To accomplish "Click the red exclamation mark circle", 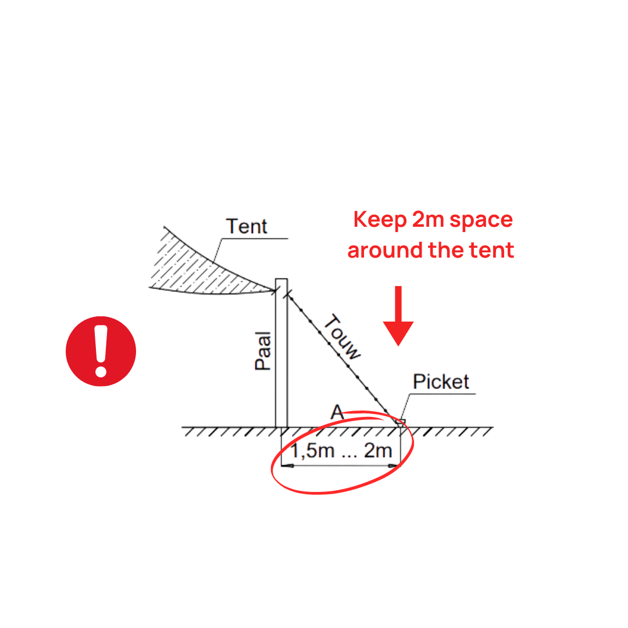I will pyautogui.click(x=101, y=351).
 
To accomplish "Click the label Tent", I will pyautogui.click(x=247, y=226).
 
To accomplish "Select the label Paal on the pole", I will pyautogui.click(x=263, y=350).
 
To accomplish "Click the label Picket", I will pyautogui.click(x=441, y=382).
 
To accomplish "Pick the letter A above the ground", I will pyautogui.click(x=337, y=412).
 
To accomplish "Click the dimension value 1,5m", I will pyautogui.click(x=312, y=451).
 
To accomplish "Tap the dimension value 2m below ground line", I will pyautogui.click(x=378, y=451).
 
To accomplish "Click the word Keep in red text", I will pyautogui.click(x=380, y=220).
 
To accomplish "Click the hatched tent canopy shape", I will pyautogui.click(x=198, y=265).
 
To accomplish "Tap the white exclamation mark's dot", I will pyautogui.click(x=101, y=370).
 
